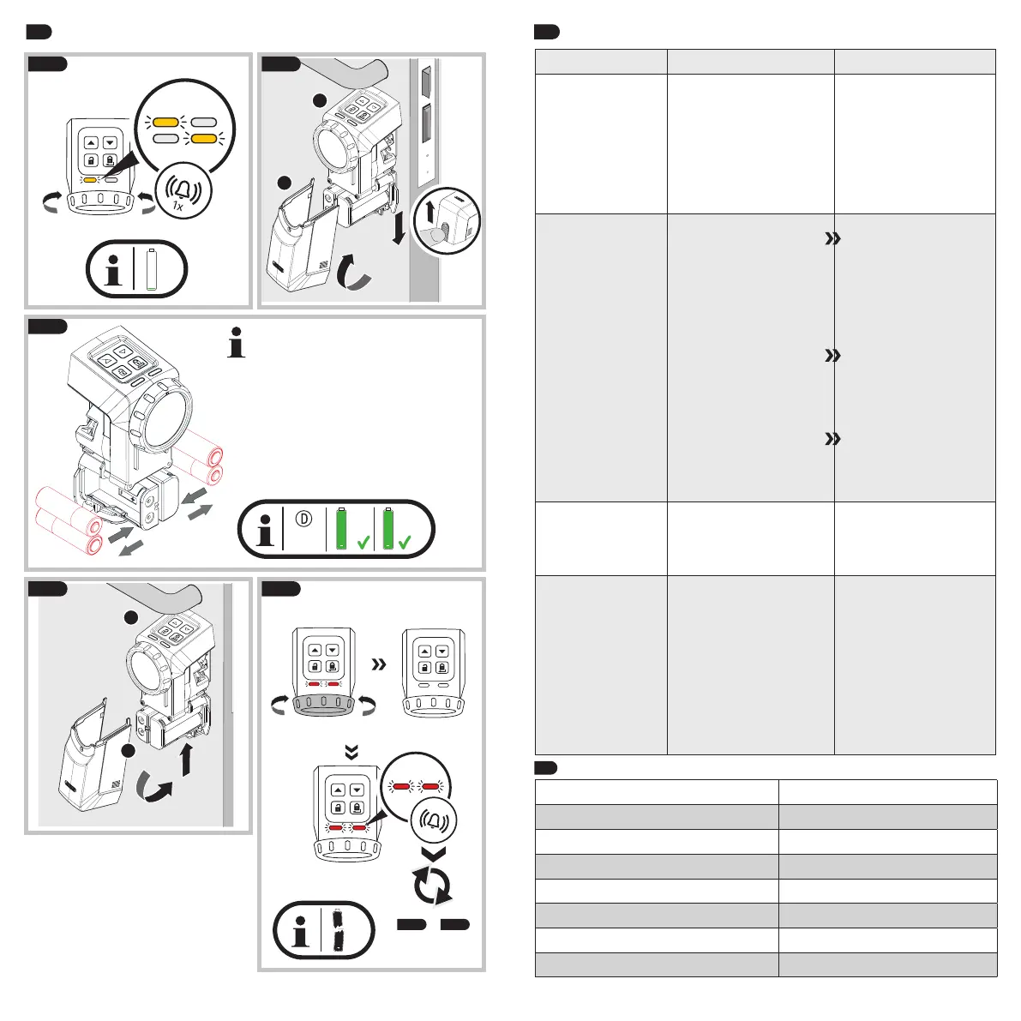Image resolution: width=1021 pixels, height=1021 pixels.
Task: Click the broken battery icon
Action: click(x=339, y=930)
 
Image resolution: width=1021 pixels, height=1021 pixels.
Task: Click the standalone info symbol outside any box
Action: click(x=237, y=346)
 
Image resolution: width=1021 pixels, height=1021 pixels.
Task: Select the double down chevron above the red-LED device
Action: click(x=351, y=752)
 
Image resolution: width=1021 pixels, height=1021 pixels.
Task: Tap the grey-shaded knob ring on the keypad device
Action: click(x=323, y=706)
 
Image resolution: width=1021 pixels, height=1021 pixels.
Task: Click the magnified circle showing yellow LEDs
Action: click(x=185, y=129)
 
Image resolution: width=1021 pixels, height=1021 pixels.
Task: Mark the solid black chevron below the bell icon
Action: click(x=435, y=853)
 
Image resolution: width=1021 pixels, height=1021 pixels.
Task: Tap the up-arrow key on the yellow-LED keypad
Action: click(x=90, y=144)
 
